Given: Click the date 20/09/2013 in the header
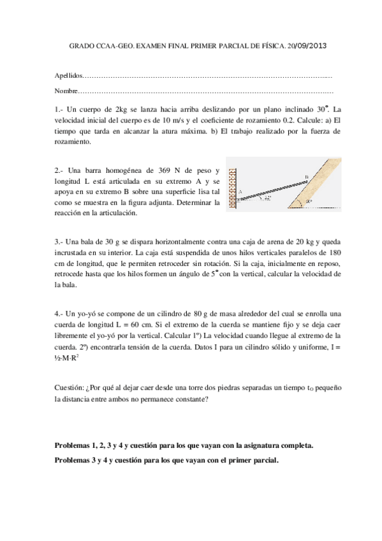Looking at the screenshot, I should click(307, 47).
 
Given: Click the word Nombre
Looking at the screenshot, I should click(67, 91).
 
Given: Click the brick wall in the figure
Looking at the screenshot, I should click(232, 189).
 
